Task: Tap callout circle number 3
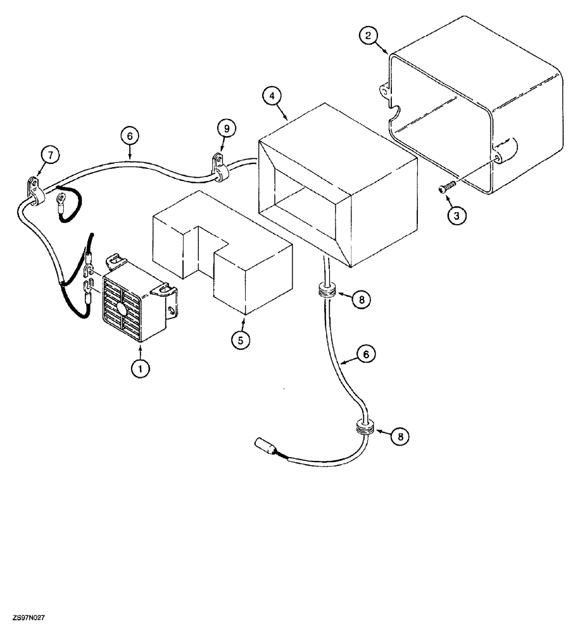(x=457, y=215)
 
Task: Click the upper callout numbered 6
(x=129, y=135)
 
